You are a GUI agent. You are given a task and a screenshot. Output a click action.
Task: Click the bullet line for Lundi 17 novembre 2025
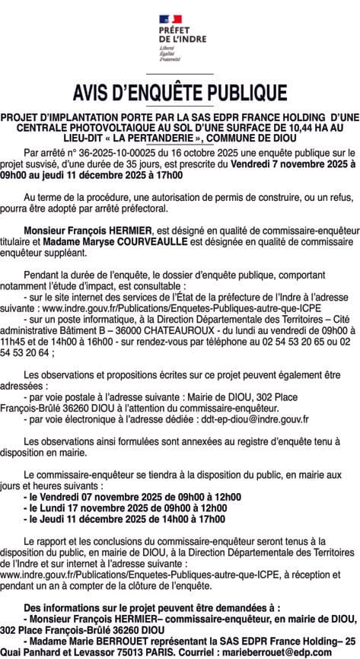tap(126, 508)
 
